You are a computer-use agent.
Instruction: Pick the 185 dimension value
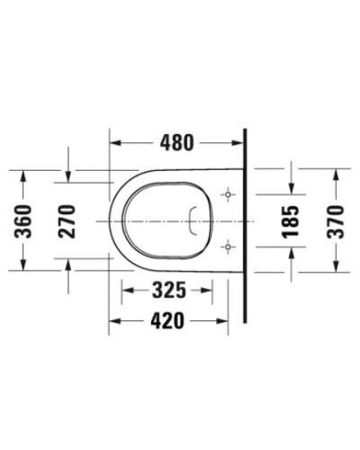tap(291, 219)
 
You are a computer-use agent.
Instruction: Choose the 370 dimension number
tap(337, 219)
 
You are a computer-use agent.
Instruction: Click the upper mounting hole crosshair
tap(229, 193)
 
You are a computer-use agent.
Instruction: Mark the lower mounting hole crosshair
tap(229, 244)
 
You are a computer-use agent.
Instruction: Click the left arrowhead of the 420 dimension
tap(113, 320)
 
